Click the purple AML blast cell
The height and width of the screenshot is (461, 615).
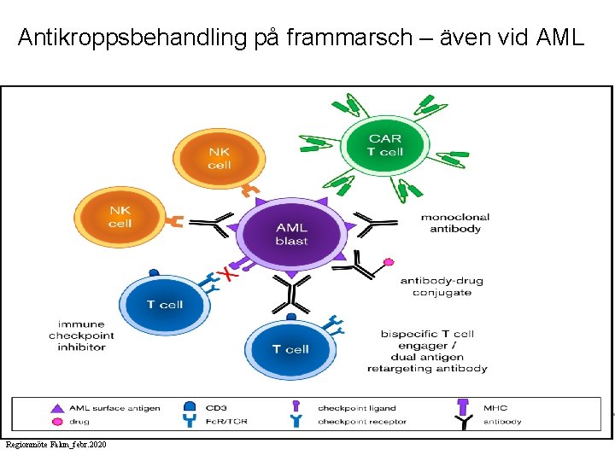pos(291,233)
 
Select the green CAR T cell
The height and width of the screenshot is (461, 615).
pos(384,144)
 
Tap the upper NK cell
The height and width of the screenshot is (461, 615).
pos(219,159)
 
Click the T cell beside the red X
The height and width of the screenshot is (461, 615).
pos(164,305)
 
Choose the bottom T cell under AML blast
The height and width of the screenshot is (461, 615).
pos(289,348)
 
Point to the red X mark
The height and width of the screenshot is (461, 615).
pos(226,274)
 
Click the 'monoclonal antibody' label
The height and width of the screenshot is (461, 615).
pos(454,223)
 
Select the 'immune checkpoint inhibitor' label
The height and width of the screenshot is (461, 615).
pos(82,336)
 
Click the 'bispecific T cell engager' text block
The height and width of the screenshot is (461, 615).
pos(427,351)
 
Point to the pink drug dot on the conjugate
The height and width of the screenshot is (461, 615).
pos(389,261)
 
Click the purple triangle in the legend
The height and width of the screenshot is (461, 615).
pos(57,408)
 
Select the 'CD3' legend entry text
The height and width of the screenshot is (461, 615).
pos(215,408)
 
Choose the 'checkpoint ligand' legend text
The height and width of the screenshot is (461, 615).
pos(356,408)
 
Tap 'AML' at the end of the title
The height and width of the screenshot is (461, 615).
pos(559,38)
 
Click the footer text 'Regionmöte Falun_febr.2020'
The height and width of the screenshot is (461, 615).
pos(56,445)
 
